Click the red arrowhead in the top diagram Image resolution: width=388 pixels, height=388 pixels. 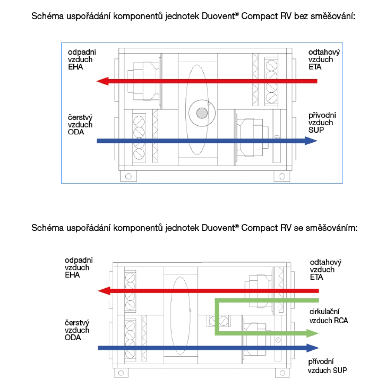click(102, 81)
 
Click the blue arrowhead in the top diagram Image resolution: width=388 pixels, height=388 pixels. click(311, 141)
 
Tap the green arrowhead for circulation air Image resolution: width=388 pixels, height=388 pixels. click(312, 333)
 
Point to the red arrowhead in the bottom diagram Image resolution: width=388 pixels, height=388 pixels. click(104, 291)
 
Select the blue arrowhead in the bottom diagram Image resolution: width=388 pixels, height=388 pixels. click(313, 348)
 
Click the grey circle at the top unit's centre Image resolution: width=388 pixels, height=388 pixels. click(202, 113)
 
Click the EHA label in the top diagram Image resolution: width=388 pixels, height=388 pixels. click(76, 67)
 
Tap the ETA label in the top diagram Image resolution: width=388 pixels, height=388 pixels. click(315, 67)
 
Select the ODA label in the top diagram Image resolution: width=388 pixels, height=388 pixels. click(76, 132)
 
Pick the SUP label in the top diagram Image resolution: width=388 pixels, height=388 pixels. click(316, 130)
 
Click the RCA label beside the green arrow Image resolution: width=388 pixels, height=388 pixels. click(341, 321)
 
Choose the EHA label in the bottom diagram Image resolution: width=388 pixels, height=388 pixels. click(72, 275)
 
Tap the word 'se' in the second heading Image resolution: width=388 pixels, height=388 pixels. click(298, 228)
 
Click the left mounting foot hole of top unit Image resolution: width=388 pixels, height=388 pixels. click(128, 177)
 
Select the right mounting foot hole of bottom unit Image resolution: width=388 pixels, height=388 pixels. click(282, 373)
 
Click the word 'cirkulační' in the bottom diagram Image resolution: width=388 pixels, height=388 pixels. click(324, 312)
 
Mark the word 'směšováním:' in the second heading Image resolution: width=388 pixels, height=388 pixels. click(332, 228)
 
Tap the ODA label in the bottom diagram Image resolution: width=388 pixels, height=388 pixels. click(73, 338)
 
